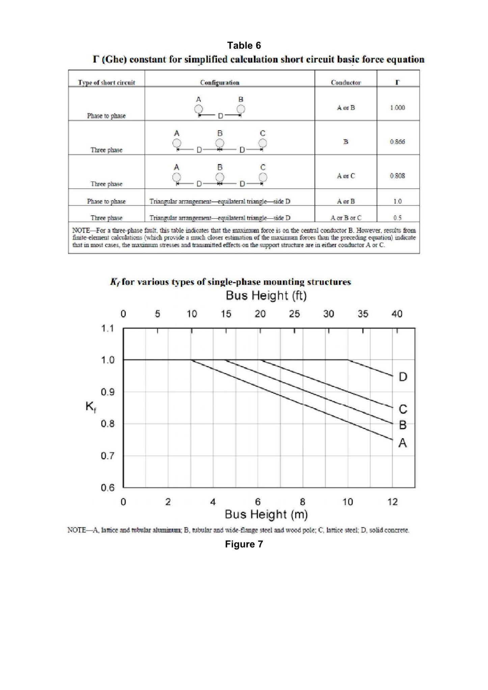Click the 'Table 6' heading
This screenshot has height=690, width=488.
pyautogui.click(x=244, y=45)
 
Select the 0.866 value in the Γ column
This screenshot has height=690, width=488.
pyautogui.click(x=397, y=142)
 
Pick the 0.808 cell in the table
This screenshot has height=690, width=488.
pyautogui.click(x=397, y=176)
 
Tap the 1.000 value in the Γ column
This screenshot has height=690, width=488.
pyautogui.click(x=397, y=108)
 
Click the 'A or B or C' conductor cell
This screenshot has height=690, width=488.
pyautogui.click(x=346, y=218)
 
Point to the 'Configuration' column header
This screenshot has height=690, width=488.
pyautogui.click(x=219, y=83)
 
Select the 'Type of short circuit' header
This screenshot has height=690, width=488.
pyautogui.click(x=106, y=83)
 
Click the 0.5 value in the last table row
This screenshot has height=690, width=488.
pyautogui.click(x=397, y=218)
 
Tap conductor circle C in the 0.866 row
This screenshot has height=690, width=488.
pyautogui.click(x=263, y=143)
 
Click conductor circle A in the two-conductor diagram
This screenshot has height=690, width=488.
pyautogui.click(x=198, y=109)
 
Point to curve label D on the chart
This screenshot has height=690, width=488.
pyautogui.click(x=403, y=377)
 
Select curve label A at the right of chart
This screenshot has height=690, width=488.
pyautogui.click(x=402, y=443)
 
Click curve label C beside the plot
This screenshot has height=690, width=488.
pyautogui.click(x=403, y=409)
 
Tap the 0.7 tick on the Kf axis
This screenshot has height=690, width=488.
pyautogui.click(x=108, y=456)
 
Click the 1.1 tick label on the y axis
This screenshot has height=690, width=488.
pyautogui.click(x=108, y=328)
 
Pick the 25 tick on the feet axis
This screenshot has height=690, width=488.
pyautogui.click(x=294, y=314)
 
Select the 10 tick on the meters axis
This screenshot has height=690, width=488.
pyautogui.click(x=348, y=502)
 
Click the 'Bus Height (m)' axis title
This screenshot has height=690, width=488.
pyautogui.click(x=266, y=514)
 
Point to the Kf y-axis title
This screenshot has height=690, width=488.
pyautogui.click(x=90, y=407)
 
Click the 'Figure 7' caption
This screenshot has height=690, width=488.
pyautogui.click(x=244, y=544)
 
